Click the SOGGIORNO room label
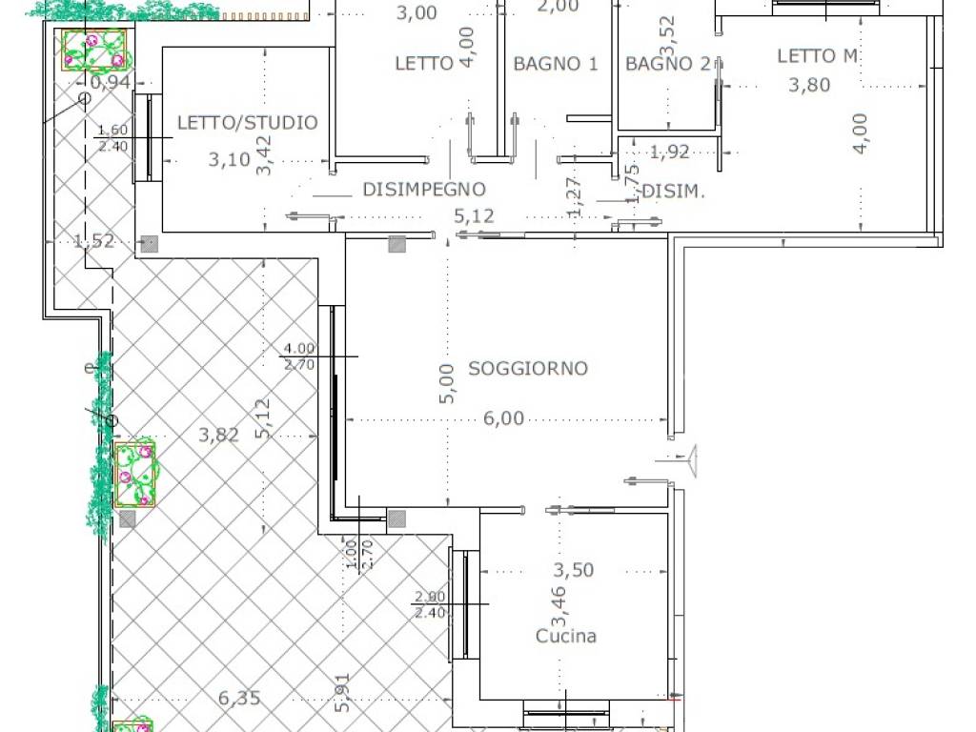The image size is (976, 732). click(x=527, y=368)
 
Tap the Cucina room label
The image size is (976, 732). click(x=566, y=636)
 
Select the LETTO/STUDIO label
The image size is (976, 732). click(x=247, y=122)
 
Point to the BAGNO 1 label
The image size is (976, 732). click(x=555, y=64)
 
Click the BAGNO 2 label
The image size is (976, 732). click(x=668, y=64)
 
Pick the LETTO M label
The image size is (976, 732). click(x=817, y=56)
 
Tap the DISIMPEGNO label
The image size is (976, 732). click(x=424, y=190)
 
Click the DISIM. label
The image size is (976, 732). click(x=673, y=192)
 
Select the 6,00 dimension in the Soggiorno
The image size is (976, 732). click(x=504, y=417)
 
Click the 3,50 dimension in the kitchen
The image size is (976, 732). click(x=574, y=570)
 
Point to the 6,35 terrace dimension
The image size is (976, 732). click(x=239, y=698)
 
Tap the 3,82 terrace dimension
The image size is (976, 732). click(x=218, y=435)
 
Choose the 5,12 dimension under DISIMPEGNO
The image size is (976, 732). click(x=475, y=216)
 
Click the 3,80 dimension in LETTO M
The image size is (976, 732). click(x=809, y=85)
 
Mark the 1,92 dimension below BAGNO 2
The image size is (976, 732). click(x=669, y=151)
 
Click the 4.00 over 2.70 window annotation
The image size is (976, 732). click(x=298, y=356)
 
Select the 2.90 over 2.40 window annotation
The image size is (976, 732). click(x=430, y=604)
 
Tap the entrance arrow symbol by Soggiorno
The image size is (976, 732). click(x=691, y=459)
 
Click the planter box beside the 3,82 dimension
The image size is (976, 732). click(x=134, y=474)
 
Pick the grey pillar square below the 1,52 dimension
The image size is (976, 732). click(x=148, y=244)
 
